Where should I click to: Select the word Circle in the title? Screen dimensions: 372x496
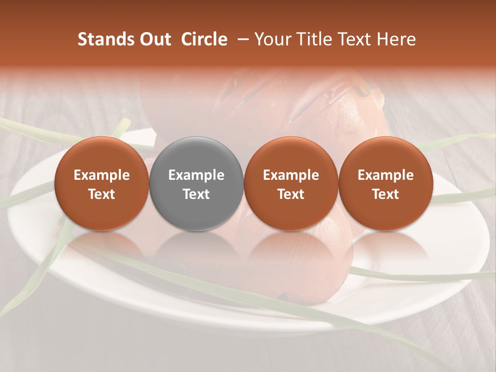(x=204, y=40)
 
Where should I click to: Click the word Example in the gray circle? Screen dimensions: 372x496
(x=196, y=175)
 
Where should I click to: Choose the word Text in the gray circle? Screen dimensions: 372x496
(x=196, y=194)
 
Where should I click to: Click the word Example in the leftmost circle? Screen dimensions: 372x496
(x=101, y=175)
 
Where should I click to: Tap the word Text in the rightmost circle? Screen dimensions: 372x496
(x=385, y=194)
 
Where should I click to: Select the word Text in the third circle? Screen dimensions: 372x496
(x=291, y=194)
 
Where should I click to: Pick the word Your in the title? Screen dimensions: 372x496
(x=271, y=40)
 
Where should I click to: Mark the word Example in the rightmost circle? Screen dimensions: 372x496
(x=385, y=175)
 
